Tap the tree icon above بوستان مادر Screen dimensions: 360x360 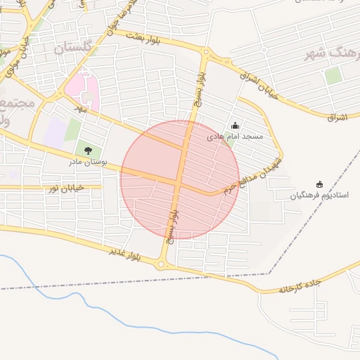pos(88,150)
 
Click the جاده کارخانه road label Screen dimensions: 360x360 pos(300,286)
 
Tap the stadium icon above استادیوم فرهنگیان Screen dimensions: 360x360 pos(320,184)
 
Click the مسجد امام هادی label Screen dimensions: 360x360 pos(235,137)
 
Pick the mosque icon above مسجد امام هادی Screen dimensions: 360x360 pos(235,125)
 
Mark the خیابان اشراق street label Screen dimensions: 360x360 pos(261,83)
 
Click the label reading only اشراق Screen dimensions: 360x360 pos(337,117)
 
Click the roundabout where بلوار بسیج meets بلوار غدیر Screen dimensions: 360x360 pos(162,265)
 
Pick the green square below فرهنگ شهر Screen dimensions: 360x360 pos(333,75)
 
